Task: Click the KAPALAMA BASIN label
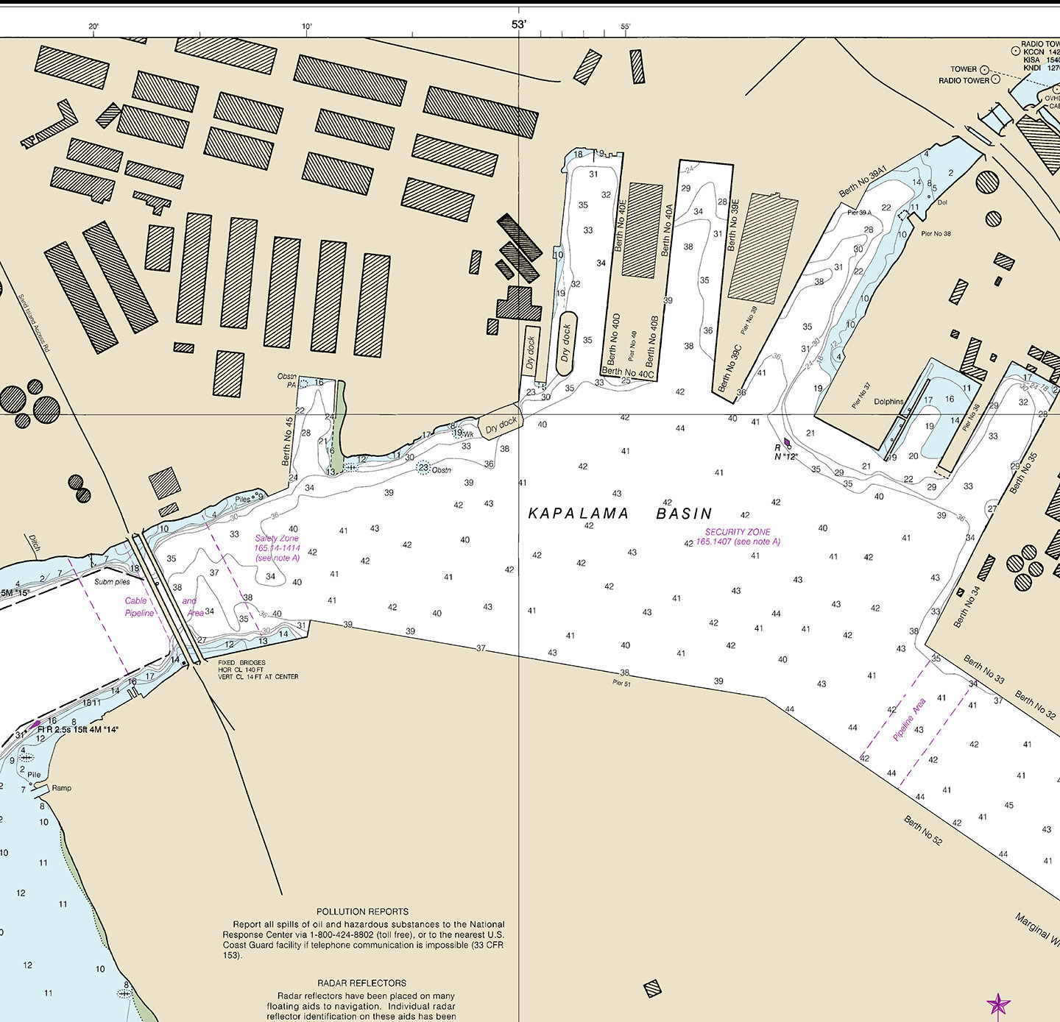click(x=620, y=514)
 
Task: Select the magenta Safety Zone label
click(x=277, y=548)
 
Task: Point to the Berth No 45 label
click(x=288, y=441)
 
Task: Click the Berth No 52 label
click(x=922, y=831)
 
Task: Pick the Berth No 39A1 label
click(x=863, y=182)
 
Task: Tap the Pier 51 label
click(x=621, y=684)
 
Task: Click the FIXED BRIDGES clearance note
click(x=258, y=670)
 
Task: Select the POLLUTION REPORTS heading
click(x=362, y=912)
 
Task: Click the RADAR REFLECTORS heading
click(x=361, y=983)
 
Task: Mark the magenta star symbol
click(x=998, y=1004)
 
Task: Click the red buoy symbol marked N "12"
click(x=787, y=443)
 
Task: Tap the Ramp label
click(x=62, y=788)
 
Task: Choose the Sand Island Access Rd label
click(x=33, y=323)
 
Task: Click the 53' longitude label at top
click(x=519, y=24)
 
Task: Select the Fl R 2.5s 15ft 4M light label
click(x=78, y=730)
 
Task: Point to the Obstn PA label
click(x=287, y=380)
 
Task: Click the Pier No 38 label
click(x=936, y=234)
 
